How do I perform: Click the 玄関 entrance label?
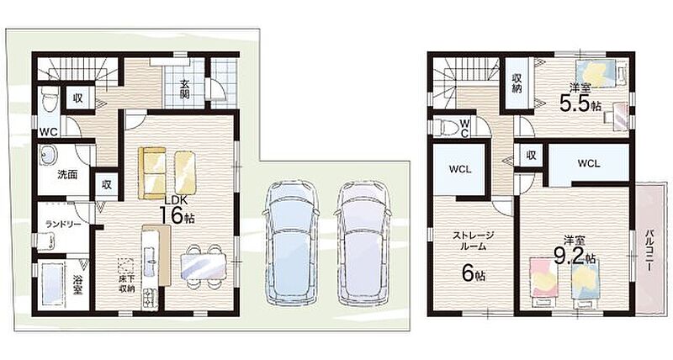[184, 88]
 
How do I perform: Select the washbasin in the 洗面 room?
[48, 155]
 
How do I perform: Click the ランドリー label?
[64, 224]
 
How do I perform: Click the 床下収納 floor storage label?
[126, 283]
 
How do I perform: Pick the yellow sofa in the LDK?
[152, 173]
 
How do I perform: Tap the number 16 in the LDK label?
[172, 215]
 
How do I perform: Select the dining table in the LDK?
[203, 267]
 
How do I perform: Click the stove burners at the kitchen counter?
[150, 298]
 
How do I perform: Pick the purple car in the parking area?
[364, 243]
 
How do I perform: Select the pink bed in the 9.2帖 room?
[543, 280]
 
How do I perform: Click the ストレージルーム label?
[473, 241]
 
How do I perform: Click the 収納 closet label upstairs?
[517, 83]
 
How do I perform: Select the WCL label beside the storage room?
[460, 169]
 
